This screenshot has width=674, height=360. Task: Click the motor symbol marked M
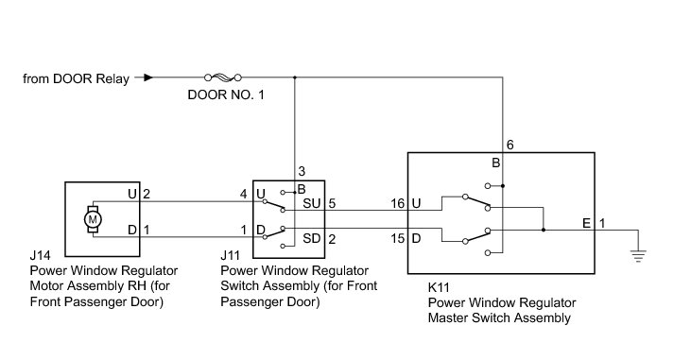click(93, 219)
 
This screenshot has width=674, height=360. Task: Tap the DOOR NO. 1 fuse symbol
click(223, 77)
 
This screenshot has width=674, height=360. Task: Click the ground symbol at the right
click(638, 256)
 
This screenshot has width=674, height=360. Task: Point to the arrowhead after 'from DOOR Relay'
click(148, 77)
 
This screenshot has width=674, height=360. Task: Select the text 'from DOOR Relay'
click(76, 79)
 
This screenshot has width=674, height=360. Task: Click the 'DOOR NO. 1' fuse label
click(226, 94)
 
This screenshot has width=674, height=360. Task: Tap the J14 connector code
click(40, 256)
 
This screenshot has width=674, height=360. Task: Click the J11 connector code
click(230, 256)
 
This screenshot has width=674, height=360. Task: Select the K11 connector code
click(439, 287)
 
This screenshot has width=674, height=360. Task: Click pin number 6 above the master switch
click(510, 146)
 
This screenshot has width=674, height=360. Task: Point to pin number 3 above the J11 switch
click(302, 171)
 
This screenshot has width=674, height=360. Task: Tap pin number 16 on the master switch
click(398, 203)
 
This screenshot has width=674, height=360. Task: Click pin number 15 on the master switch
click(398, 238)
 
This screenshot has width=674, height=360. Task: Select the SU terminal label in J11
click(312, 203)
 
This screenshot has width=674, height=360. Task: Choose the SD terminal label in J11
click(312, 238)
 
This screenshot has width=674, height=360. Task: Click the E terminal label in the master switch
click(587, 223)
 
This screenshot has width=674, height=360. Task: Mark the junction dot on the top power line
click(294, 77)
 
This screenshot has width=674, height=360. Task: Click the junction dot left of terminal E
click(544, 231)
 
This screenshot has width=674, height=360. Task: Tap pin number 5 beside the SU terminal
click(332, 203)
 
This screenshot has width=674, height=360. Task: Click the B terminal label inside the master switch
click(495, 163)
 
